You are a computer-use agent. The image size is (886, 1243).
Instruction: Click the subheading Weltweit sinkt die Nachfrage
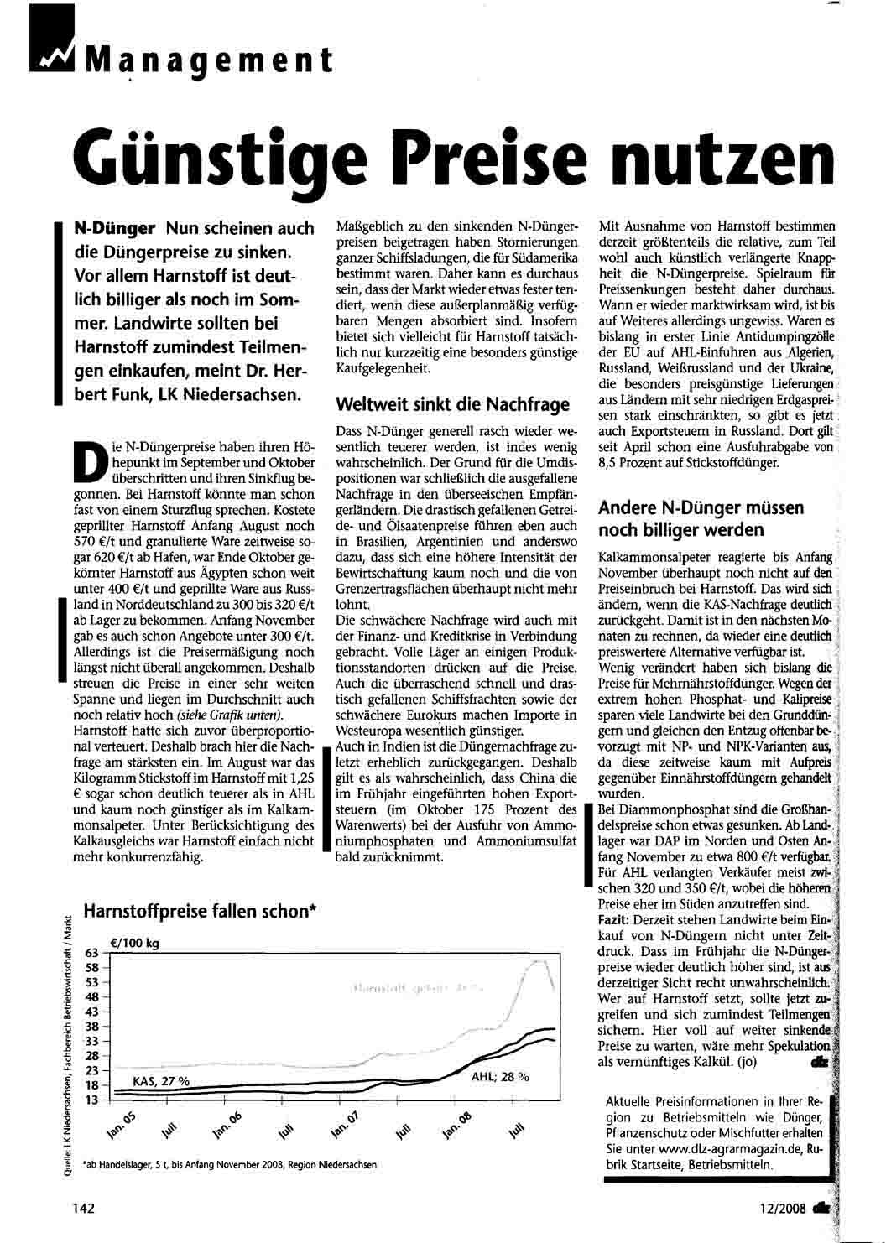coord(452,404)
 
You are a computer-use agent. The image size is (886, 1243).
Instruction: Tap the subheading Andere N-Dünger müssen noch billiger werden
coord(701,518)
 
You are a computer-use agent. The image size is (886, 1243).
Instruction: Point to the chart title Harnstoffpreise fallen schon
coord(200,912)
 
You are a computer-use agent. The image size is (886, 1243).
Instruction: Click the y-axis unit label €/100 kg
coord(134,943)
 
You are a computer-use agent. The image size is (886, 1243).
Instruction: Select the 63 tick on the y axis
coord(91,953)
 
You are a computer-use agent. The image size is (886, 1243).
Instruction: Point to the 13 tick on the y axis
coord(91,1100)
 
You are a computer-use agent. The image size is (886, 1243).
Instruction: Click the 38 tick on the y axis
coord(91,1027)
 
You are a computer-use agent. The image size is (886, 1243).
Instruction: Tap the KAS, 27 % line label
coord(161,1082)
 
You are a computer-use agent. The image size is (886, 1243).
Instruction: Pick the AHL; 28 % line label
coord(500,1076)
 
